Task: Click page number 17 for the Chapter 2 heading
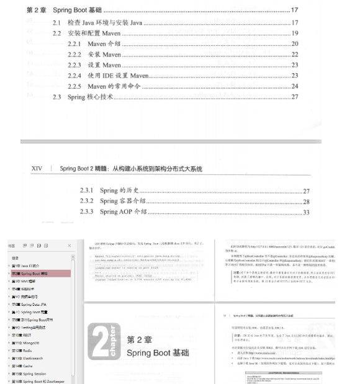(294, 11)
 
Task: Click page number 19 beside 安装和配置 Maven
(295, 33)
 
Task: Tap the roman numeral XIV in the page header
(37, 168)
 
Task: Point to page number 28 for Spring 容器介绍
(306, 201)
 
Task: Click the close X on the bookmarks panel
(69, 245)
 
